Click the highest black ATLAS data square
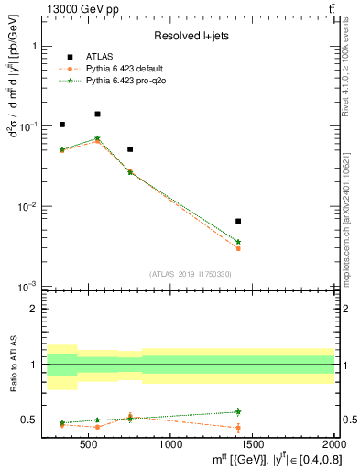point(97,115)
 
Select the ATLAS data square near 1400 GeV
point(238,221)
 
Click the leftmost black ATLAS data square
point(62,125)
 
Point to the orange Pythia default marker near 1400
point(238,248)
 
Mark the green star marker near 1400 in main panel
point(238,242)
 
